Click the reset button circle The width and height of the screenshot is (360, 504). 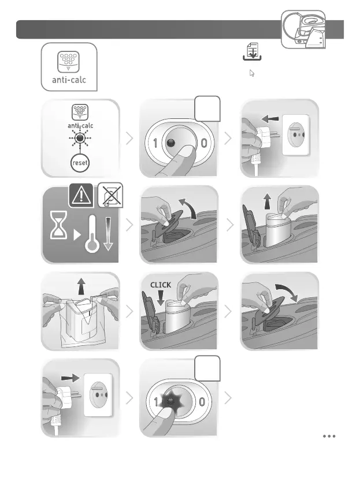click(x=80, y=163)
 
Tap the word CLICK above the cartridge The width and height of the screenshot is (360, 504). click(x=161, y=285)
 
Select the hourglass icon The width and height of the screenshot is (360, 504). click(x=58, y=225)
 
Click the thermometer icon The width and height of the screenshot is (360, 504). click(x=92, y=233)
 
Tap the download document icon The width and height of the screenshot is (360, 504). click(x=252, y=51)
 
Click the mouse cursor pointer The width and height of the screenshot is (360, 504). click(x=252, y=73)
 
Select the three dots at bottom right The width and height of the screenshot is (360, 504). click(x=329, y=436)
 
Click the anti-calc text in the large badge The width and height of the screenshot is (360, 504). click(x=69, y=80)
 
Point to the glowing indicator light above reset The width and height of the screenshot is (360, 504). click(x=80, y=139)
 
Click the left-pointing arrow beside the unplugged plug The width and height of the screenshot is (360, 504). click(x=270, y=119)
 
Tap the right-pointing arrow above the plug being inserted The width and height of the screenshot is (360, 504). click(x=70, y=378)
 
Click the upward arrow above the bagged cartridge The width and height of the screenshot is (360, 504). click(x=81, y=286)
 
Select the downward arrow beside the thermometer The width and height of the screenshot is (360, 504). click(x=108, y=234)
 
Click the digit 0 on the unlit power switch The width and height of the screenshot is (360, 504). click(x=203, y=143)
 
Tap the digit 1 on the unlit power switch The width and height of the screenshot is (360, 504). click(x=155, y=143)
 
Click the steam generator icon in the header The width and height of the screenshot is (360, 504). click(x=303, y=29)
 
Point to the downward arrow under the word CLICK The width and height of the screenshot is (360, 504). click(x=161, y=298)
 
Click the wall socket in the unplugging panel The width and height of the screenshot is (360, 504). click(x=296, y=135)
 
